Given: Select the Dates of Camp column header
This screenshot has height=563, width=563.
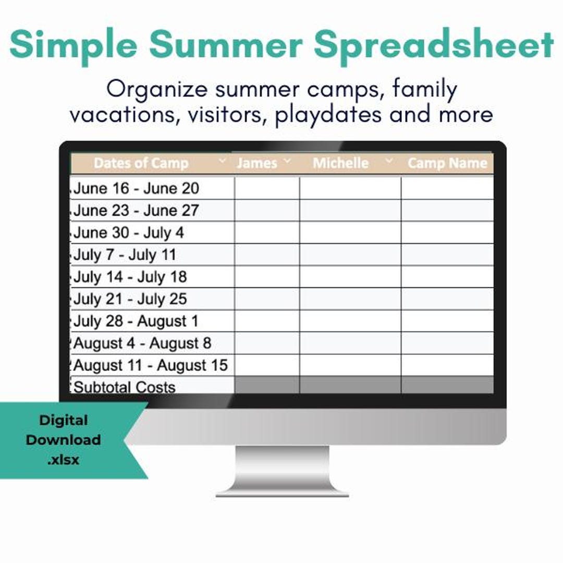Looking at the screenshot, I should click(141, 163).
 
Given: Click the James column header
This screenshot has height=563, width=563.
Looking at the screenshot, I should click(257, 163).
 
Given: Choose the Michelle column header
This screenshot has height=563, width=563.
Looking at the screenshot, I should click(340, 163).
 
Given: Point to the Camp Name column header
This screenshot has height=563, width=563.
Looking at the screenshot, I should click(447, 164).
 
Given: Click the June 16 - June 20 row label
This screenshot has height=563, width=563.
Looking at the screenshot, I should click(136, 188).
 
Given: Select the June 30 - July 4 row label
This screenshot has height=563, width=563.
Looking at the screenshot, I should click(129, 232).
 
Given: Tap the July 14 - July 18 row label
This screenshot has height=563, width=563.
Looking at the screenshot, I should click(130, 277).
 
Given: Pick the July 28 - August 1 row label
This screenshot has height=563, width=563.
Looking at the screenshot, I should click(136, 321).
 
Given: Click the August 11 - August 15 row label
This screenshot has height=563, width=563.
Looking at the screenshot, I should click(151, 365).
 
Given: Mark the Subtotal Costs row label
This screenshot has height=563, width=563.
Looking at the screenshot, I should click(125, 387).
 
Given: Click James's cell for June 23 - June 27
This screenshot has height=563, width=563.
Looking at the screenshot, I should click(267, 211).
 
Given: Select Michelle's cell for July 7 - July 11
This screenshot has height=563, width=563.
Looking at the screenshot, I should click(350, 255).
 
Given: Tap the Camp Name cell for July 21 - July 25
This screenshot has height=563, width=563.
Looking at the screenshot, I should click(447, 299).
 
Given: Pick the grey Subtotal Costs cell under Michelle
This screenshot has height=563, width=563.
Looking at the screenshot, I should click(350, 386).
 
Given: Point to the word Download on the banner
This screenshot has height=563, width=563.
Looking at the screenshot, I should click(63, 440).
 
